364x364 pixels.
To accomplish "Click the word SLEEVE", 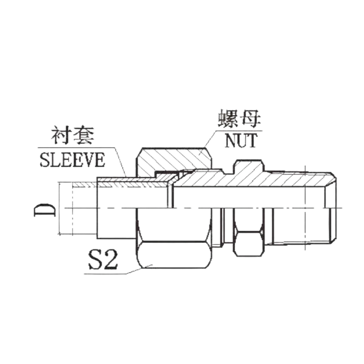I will point(71,160).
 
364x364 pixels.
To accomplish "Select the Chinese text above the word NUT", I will point(240,118).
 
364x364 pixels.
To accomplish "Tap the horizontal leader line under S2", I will point(108,273).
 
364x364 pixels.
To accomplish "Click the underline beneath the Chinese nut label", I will point(240,130).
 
